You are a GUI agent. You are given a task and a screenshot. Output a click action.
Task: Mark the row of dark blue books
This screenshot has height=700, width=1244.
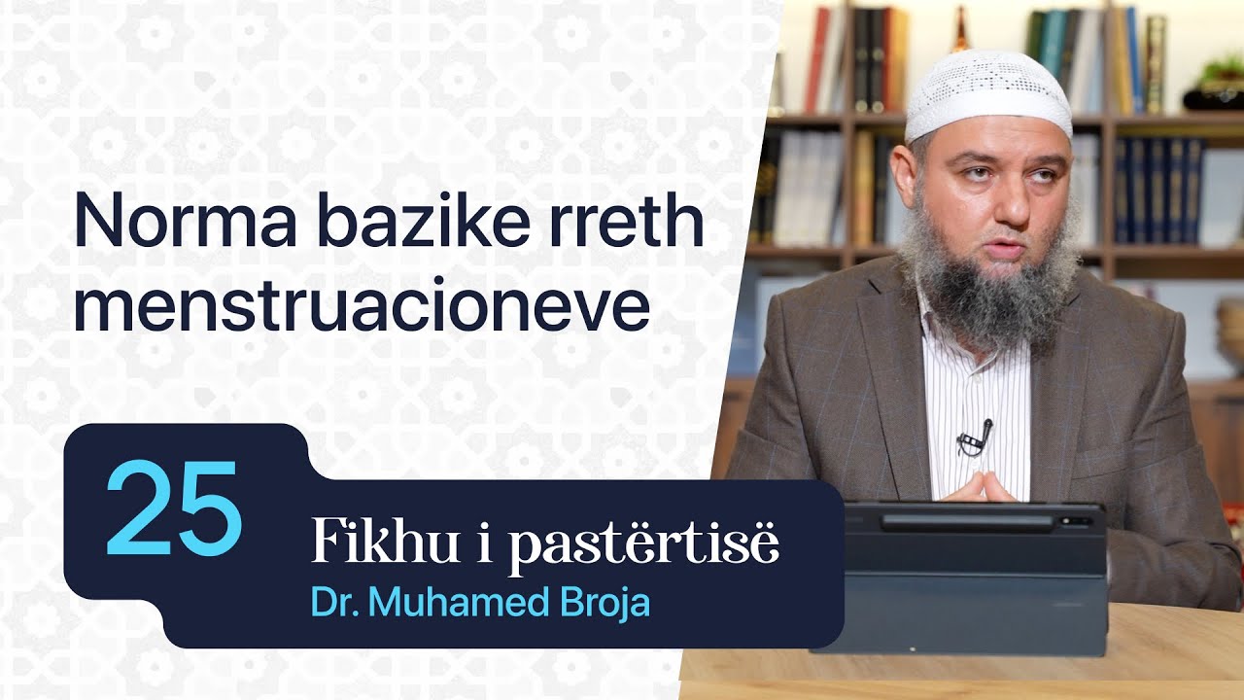pos(1157,190)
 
